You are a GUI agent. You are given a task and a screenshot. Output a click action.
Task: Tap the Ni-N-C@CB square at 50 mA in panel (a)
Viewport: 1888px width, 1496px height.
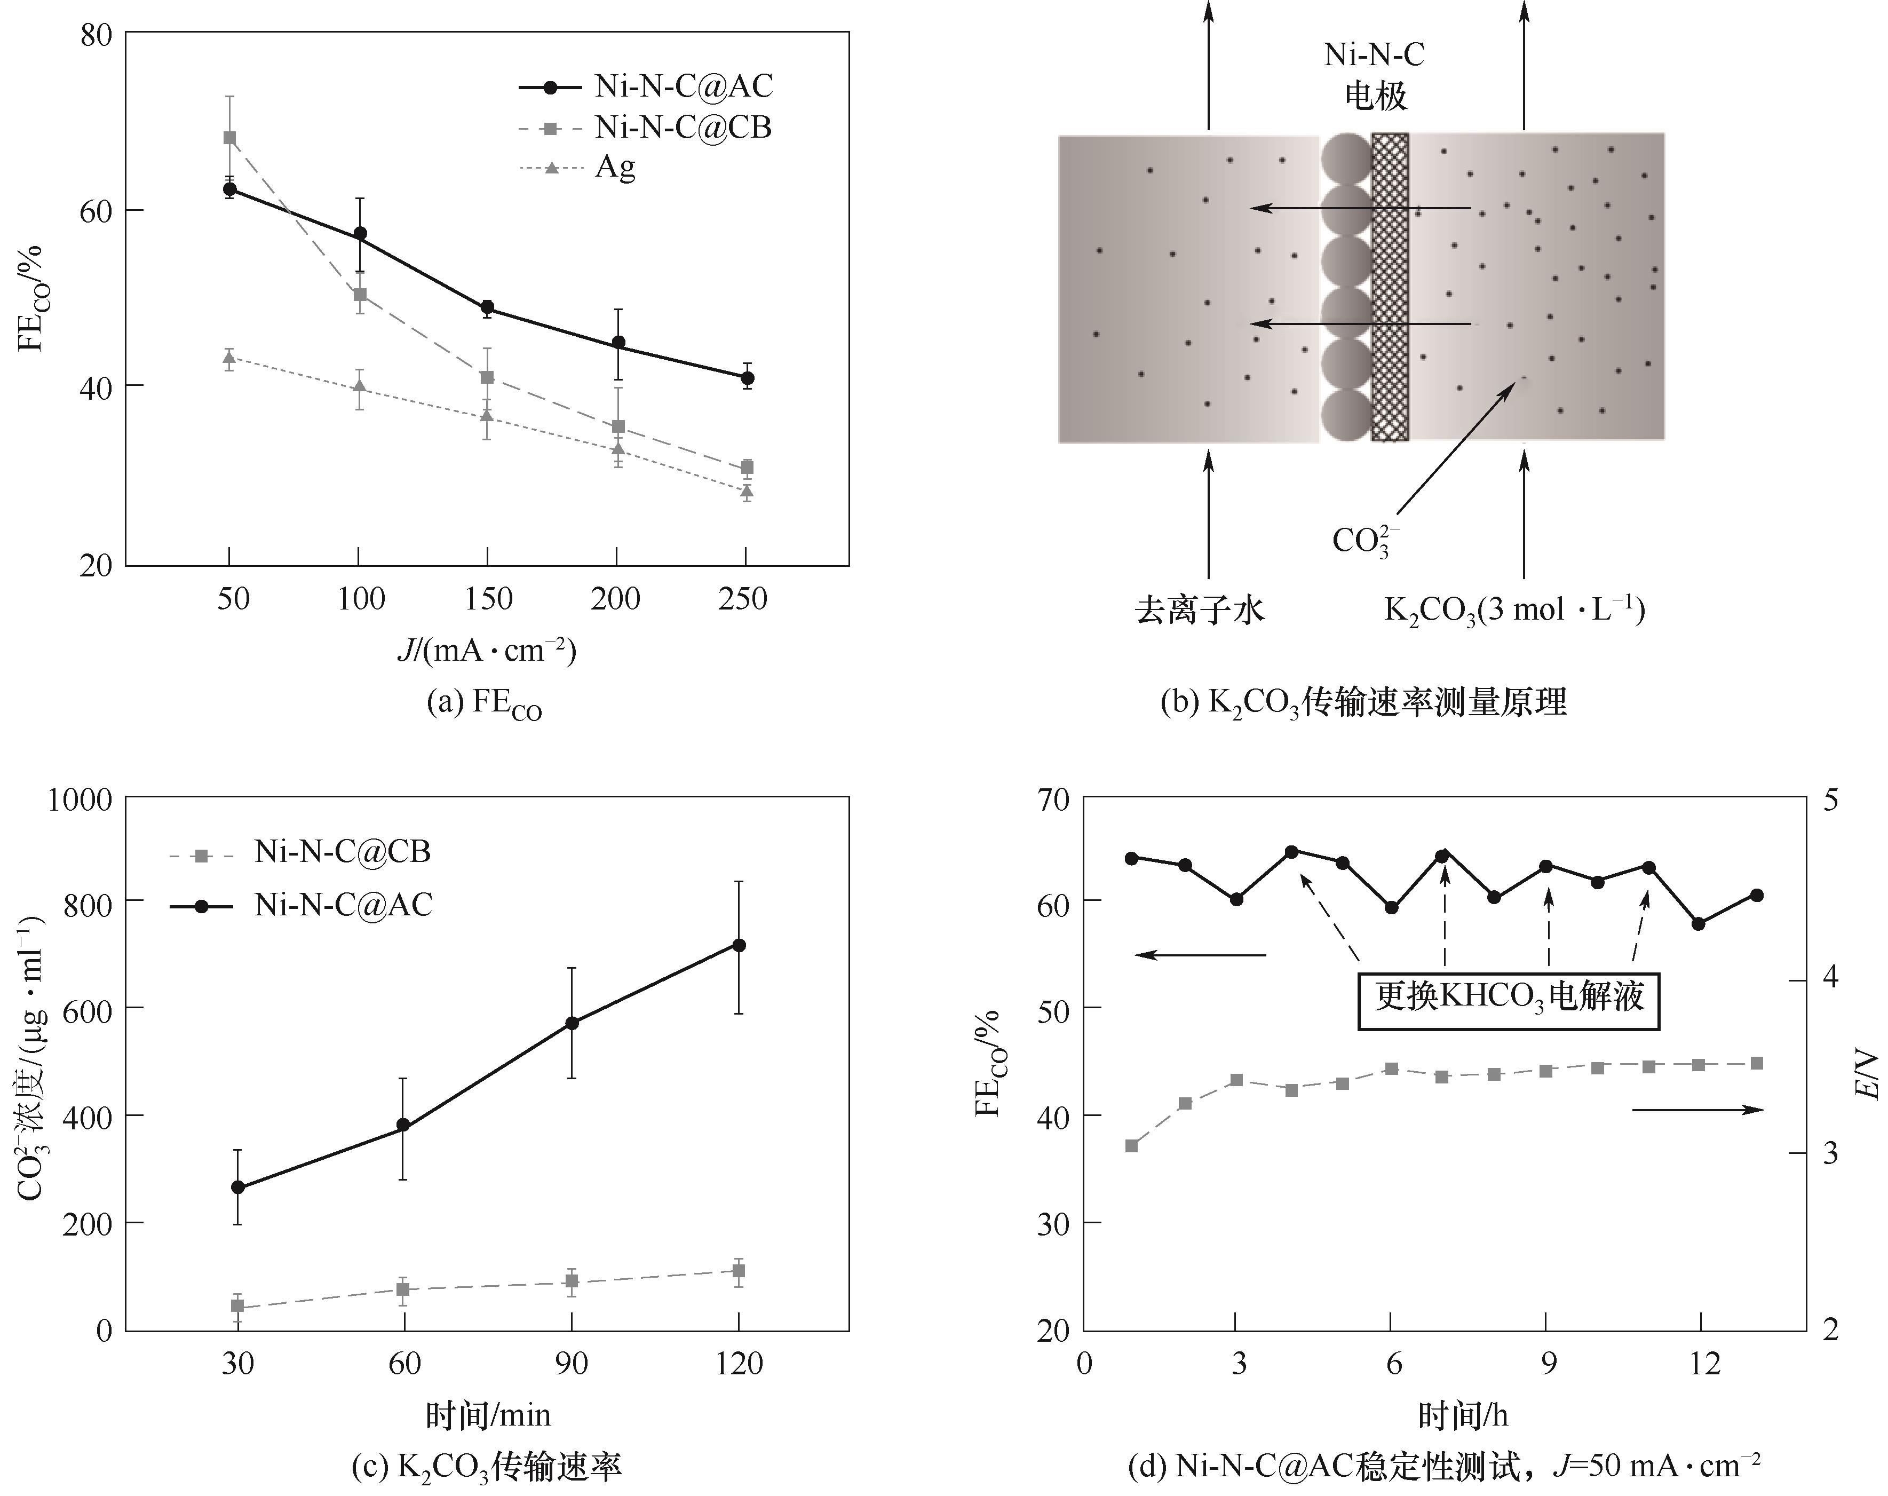229,138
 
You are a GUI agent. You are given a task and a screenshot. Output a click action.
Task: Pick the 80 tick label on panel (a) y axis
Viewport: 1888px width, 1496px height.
94,35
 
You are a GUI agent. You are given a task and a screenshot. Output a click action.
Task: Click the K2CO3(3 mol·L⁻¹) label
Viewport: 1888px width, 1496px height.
1514,610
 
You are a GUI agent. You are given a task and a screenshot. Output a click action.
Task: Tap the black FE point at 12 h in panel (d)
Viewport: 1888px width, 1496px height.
1699,924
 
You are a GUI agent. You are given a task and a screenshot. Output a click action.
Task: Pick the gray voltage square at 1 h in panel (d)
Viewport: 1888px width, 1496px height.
1131,1146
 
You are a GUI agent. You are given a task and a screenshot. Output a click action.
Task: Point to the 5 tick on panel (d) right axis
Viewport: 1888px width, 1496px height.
1831,801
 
